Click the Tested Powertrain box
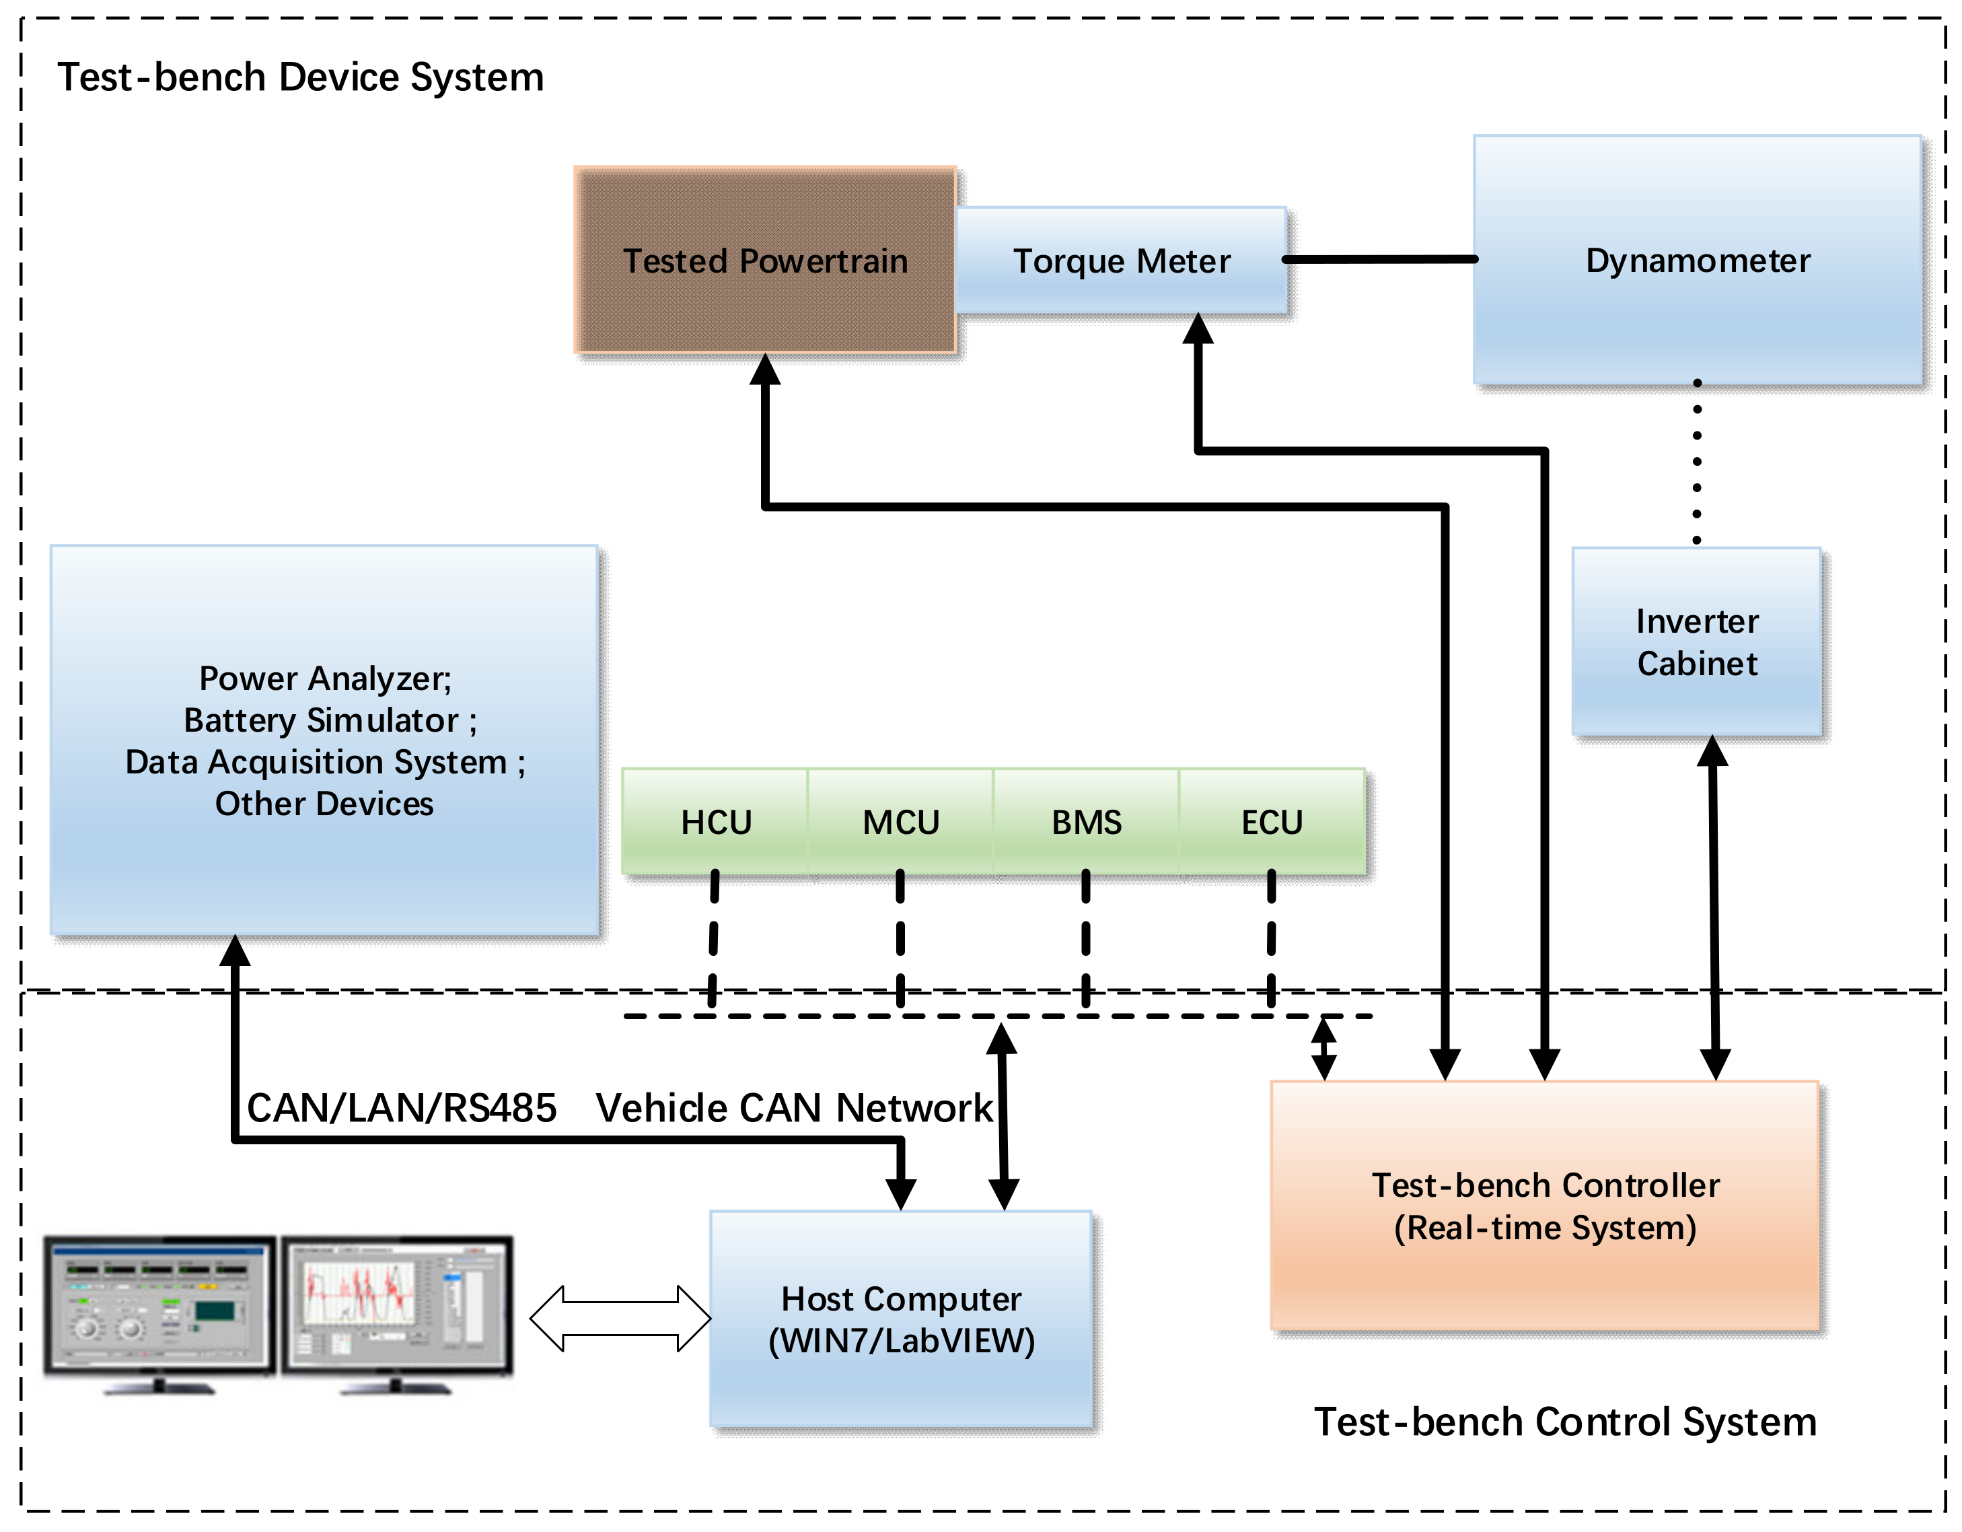[764, 260]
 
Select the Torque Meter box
[1121, 260]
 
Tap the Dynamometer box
[1697, 260]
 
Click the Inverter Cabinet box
[1696, 642]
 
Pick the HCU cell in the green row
[716, 822]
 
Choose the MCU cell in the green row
[901, 822]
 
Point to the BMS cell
[1086, 822]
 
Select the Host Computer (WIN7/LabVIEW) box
[901, 1319]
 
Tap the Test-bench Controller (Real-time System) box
[1545, 1206]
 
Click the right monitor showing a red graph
[396, 1304]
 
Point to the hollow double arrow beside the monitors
[620, 1318]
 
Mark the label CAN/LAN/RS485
[402, 1108]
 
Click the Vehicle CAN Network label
[794, 1108]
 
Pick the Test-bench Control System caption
[1565, 1422]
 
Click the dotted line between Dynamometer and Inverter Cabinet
[1696, 462]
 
